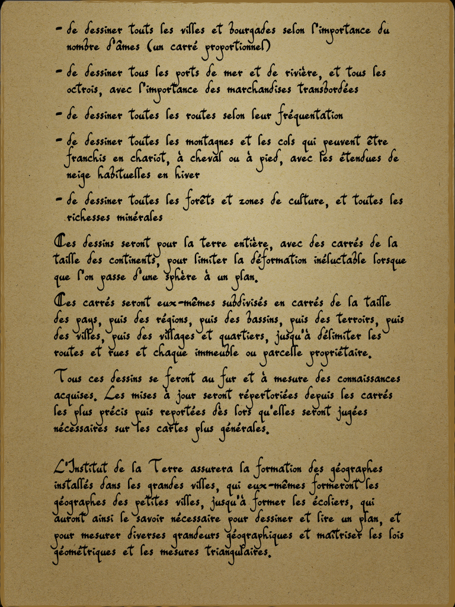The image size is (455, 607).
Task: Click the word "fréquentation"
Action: (310, 116)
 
